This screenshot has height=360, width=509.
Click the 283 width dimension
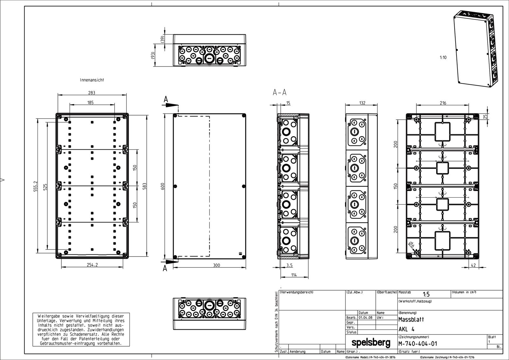(x=92, y=93)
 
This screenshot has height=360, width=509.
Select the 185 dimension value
(x=90, y=102)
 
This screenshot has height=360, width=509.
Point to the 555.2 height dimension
(x=36, y=186)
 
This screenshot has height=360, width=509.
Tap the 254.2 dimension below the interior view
(x=92, y=265)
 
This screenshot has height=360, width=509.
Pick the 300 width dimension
(x=216, y=265)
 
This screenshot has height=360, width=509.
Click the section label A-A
(x=280, y=93)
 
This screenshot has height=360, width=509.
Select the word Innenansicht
(x=92, y=80)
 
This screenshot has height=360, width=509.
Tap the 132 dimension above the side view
(x=362, y=103)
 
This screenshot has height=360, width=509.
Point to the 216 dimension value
(x=443, y=103)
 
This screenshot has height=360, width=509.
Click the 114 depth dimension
(x=293, y=275)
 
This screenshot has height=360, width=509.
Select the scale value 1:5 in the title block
(x=426, y=294)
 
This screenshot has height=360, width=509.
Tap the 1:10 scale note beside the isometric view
(x=443, y=58)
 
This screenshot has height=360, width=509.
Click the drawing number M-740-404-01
(x=417, y=344)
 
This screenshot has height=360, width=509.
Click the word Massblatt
(x=411, y=319)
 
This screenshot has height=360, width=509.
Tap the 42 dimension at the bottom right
(x=473, y=265)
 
